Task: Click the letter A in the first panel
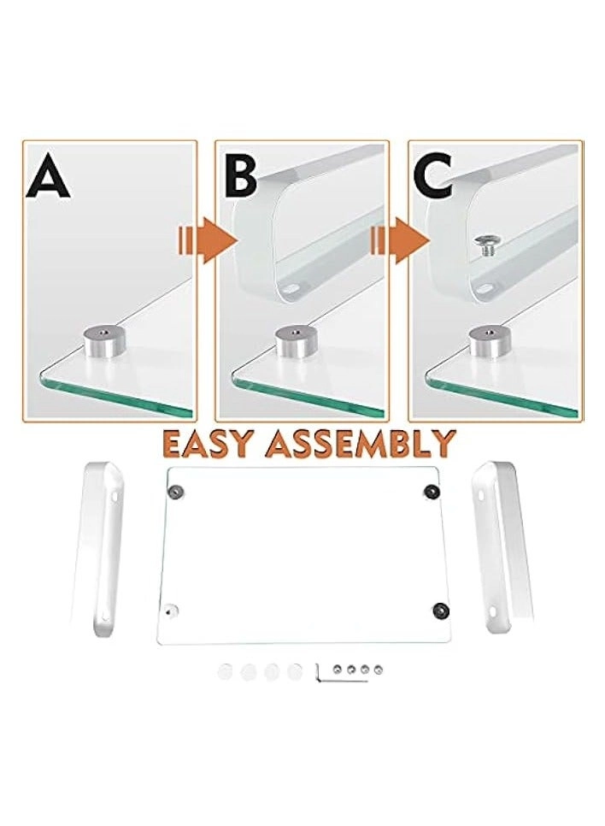[x=48, y=179]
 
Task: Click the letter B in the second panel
[x=240, y=177]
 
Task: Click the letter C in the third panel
[x=435, y=177]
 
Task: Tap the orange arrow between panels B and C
[x=398, y=239]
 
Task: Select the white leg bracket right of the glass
[x=504, y=547]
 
